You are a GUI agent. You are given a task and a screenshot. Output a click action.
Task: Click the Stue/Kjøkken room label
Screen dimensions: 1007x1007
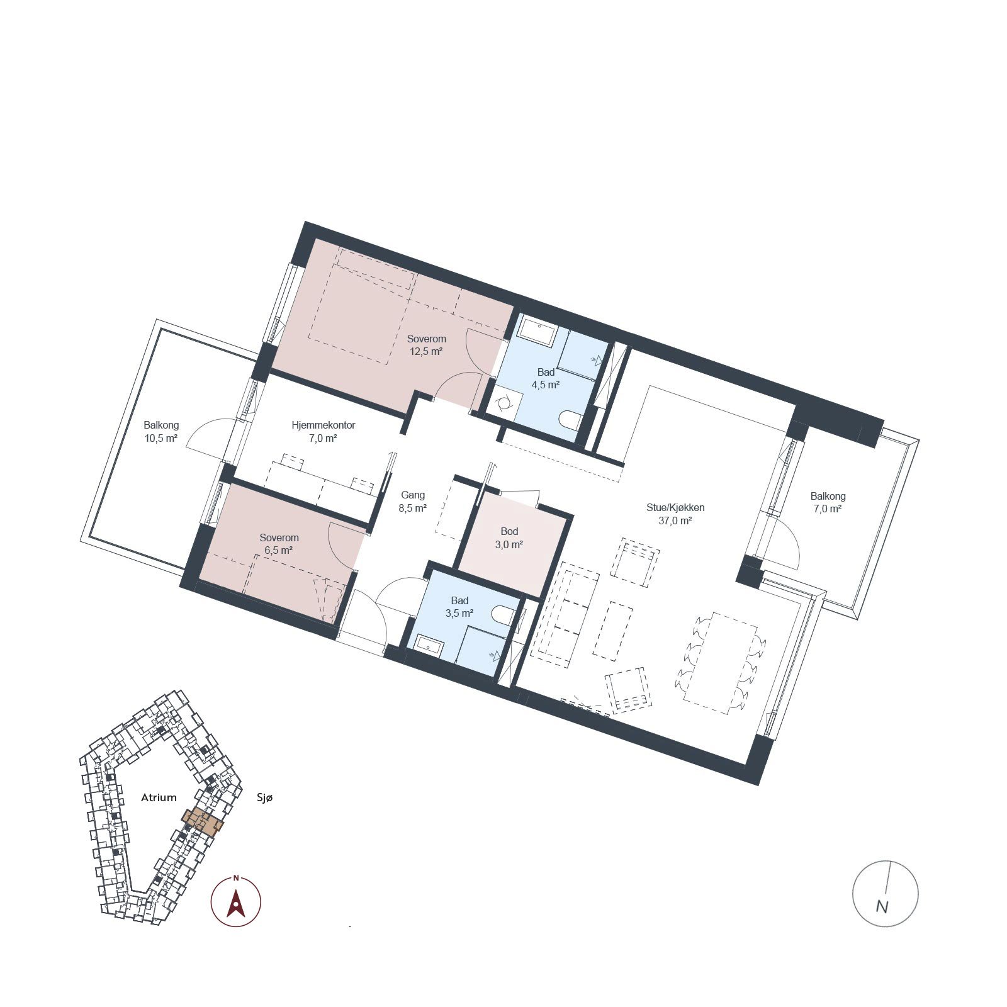pyautogui.click(x=675, y=507)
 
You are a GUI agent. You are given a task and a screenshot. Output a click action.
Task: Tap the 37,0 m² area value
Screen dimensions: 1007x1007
pyautogui.click(x=675, y=521)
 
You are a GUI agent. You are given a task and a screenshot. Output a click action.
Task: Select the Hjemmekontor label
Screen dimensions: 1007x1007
pyautogui.click(x=323, y=425)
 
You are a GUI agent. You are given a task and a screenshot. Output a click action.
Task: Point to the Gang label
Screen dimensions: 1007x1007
pyautogui.click(x=413, y=495)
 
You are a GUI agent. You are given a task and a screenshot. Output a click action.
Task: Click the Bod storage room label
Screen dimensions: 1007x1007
pyautogui.click(x=509, y=532)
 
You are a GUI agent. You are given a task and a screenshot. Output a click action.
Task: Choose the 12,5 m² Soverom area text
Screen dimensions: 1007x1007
pyautogui.click(x=426, y=352)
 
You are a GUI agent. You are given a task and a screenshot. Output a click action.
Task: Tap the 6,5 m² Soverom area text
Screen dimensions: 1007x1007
pyautogui.click(x=278, y=551)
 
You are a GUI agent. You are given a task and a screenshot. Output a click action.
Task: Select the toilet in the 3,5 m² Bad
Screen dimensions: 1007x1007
pyautogui.click(x=505, y=615)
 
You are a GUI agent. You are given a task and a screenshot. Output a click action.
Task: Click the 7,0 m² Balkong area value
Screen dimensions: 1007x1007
pyautogui.click(x=828, y=509)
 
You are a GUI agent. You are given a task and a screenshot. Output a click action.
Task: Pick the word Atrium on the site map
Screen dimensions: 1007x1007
pyautogui.click(x=159, y=797)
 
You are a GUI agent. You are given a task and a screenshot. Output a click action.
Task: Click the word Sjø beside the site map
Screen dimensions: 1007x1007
pyautogui.click(x=265, y=798)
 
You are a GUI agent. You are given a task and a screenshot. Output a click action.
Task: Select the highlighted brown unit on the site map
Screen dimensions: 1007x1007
pyautogui.click(x=203, y=821)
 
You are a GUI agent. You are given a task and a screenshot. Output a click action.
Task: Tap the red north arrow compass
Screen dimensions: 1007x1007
pyautogui.click(x=236, y=901)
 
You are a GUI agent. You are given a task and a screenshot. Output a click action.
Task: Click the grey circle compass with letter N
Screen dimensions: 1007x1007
pyautogui.click(x=885, y=893)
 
